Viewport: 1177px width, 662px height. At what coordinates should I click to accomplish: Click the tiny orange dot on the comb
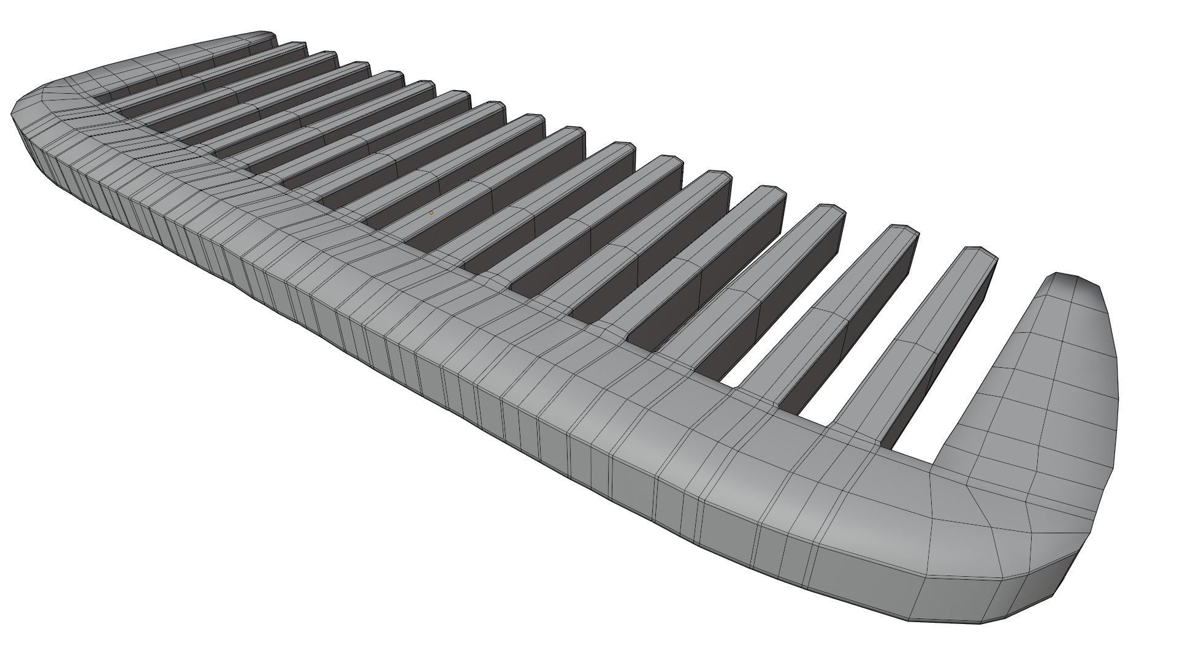click(431, 213)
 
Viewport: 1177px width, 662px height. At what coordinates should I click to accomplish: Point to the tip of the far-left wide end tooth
click(264, 34)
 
